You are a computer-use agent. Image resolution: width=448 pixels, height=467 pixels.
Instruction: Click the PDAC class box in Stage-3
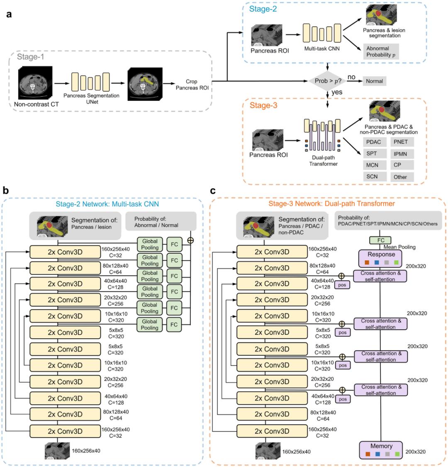(x=373, y=142)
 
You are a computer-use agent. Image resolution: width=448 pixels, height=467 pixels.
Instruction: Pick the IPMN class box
(x=400, y=154)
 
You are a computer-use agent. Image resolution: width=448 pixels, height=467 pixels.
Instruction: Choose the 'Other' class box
(x=400, y=177)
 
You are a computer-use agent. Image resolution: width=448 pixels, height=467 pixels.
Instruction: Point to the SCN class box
(x=373, y=177)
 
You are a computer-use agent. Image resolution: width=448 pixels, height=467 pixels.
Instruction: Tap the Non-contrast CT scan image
(x=34, y=83)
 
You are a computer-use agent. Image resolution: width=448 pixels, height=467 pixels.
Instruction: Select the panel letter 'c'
(x=213, y=191)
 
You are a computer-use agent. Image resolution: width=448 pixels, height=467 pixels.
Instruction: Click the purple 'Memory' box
(x=381, y=450)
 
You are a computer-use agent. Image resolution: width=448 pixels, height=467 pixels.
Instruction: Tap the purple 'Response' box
(x=381, y=258)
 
